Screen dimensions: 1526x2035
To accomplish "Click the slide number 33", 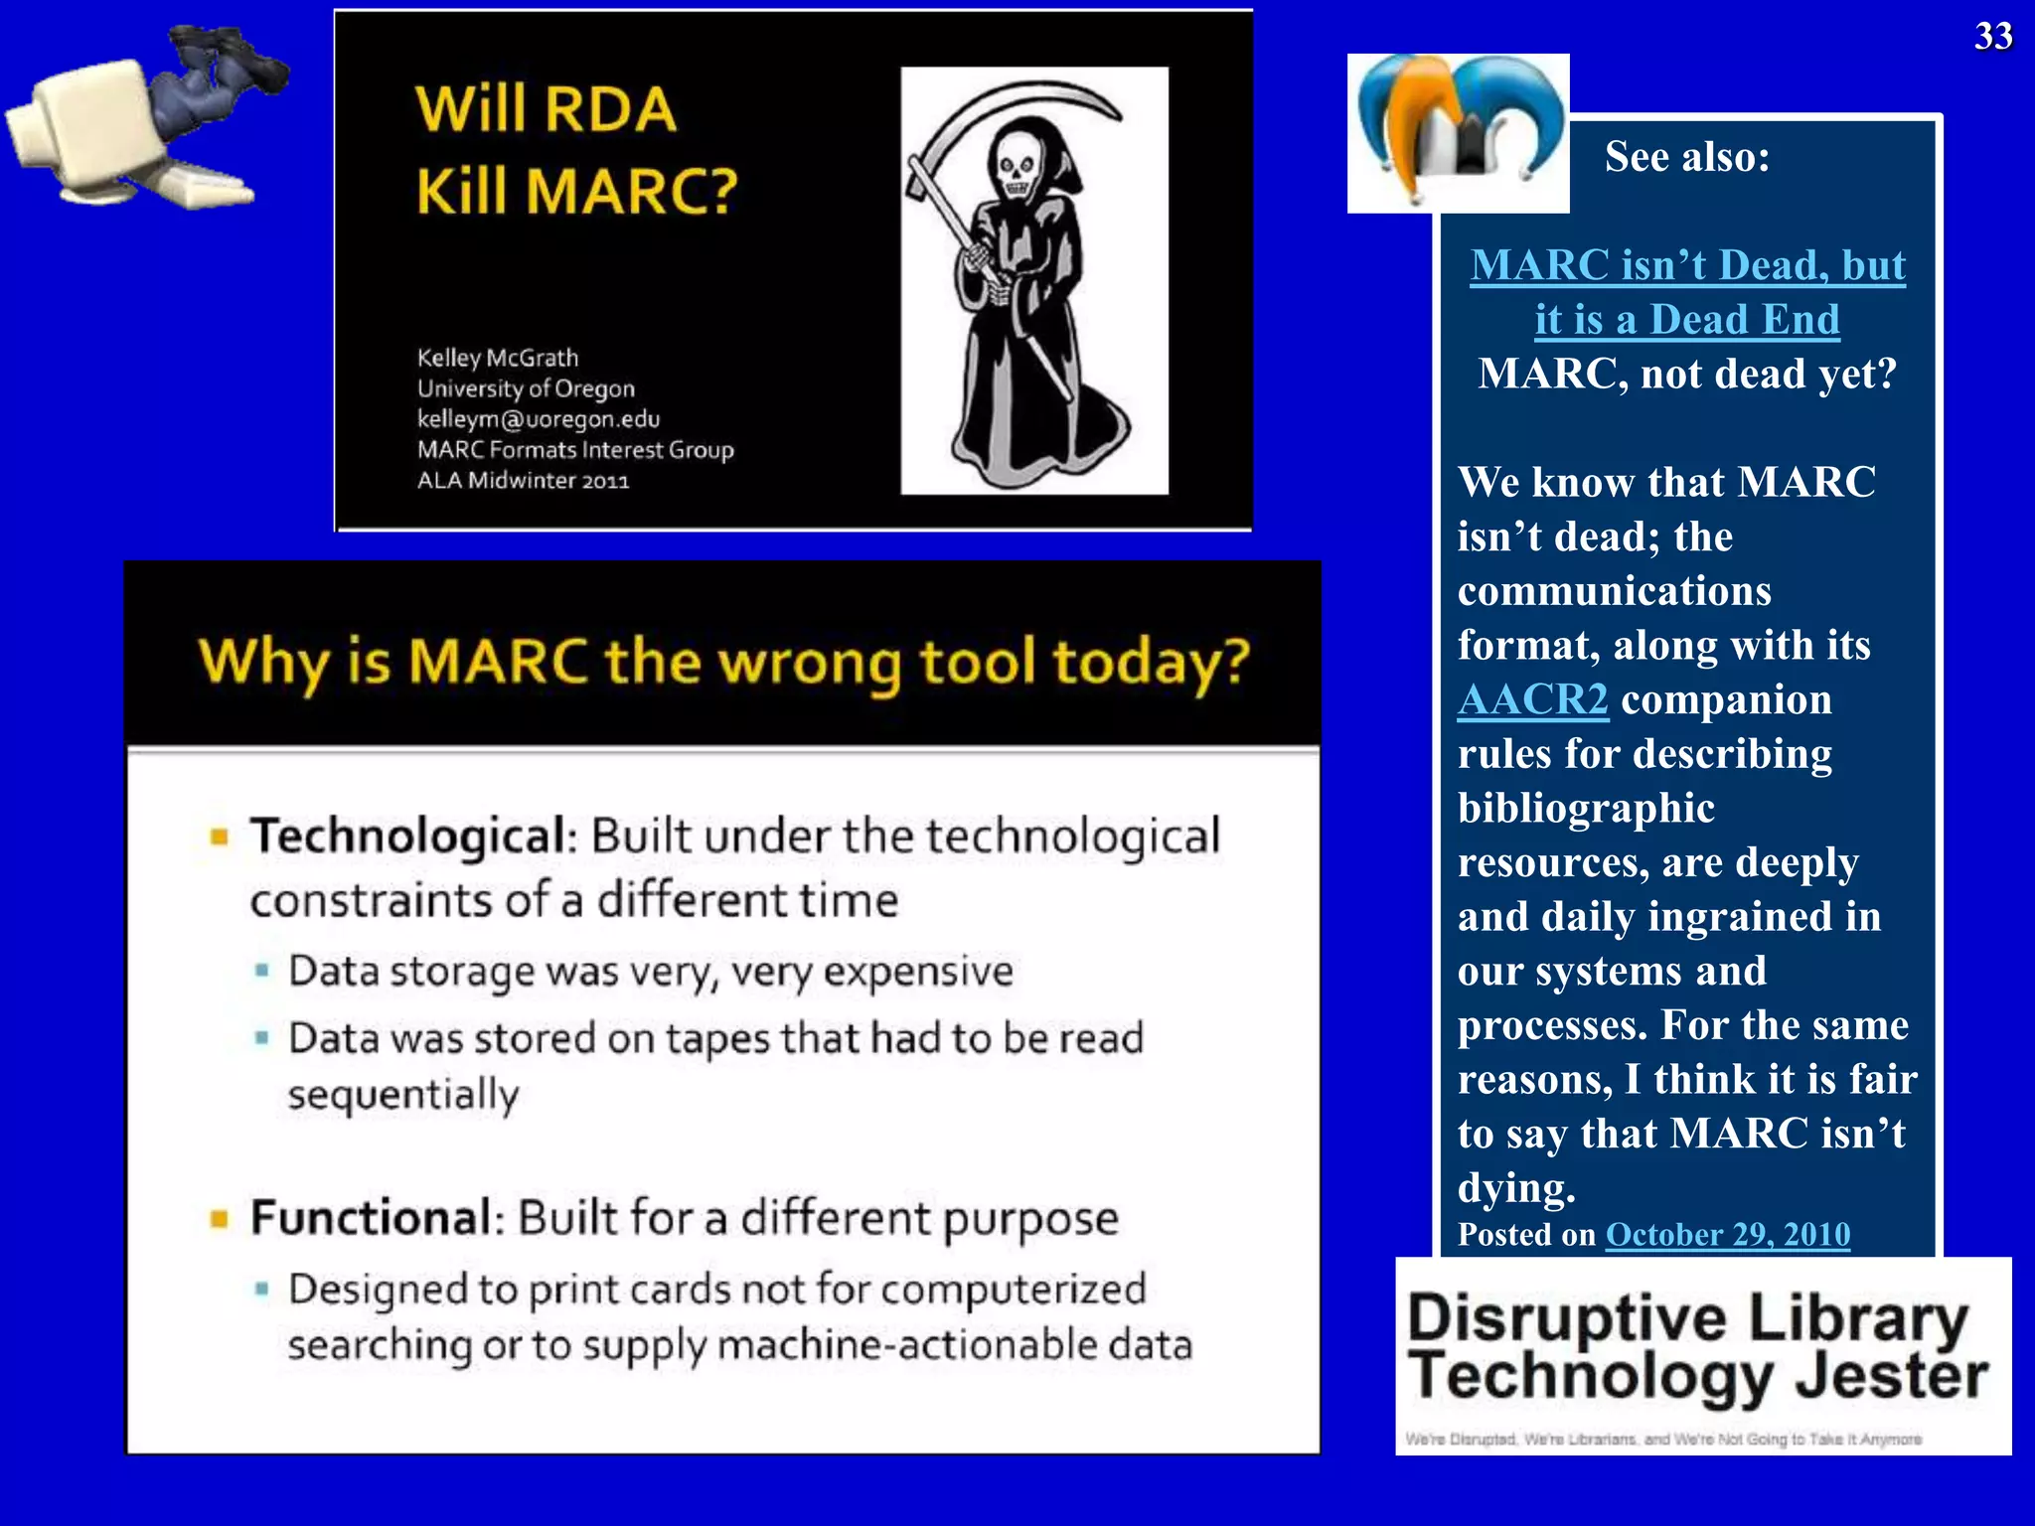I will coord(1992,37).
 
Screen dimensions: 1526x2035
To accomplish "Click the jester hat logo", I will coord(1457,131).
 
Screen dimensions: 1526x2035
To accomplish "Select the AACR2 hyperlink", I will coord(1532,699).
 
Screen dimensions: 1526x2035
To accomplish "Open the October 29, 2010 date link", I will coord(1727,1234).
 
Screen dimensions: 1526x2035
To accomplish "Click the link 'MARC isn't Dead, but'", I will coord(1687,265).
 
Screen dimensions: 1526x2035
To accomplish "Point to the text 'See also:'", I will coord(1686,157).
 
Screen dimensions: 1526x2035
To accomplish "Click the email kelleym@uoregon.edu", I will coord(538,419).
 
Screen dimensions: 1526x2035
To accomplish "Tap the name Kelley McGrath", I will coord(497,358).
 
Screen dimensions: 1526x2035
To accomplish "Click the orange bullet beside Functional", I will coord(220,1219).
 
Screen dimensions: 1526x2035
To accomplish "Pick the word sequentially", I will coord(403,1095).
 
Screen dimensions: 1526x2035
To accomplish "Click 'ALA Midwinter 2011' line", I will coord(523,481).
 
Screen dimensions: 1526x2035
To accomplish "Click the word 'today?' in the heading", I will coord(1150,662).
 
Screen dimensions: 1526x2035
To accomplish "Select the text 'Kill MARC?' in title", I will coord(576,191).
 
